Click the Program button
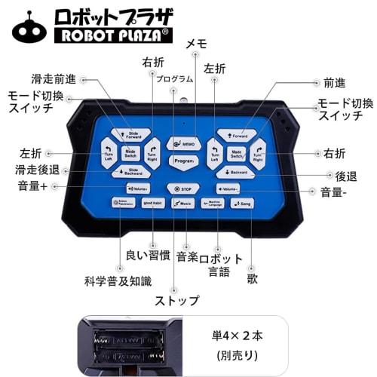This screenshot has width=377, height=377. click(182, 161)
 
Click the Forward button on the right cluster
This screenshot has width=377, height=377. click(237, 136)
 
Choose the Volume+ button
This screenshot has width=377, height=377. click(137, 188)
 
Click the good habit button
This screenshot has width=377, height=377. click(153, 204)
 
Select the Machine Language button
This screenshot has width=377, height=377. click(213, 204)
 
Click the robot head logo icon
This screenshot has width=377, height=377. click(29, 27)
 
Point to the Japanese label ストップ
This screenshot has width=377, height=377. click(177, 301)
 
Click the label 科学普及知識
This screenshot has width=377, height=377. click(118, 281)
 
